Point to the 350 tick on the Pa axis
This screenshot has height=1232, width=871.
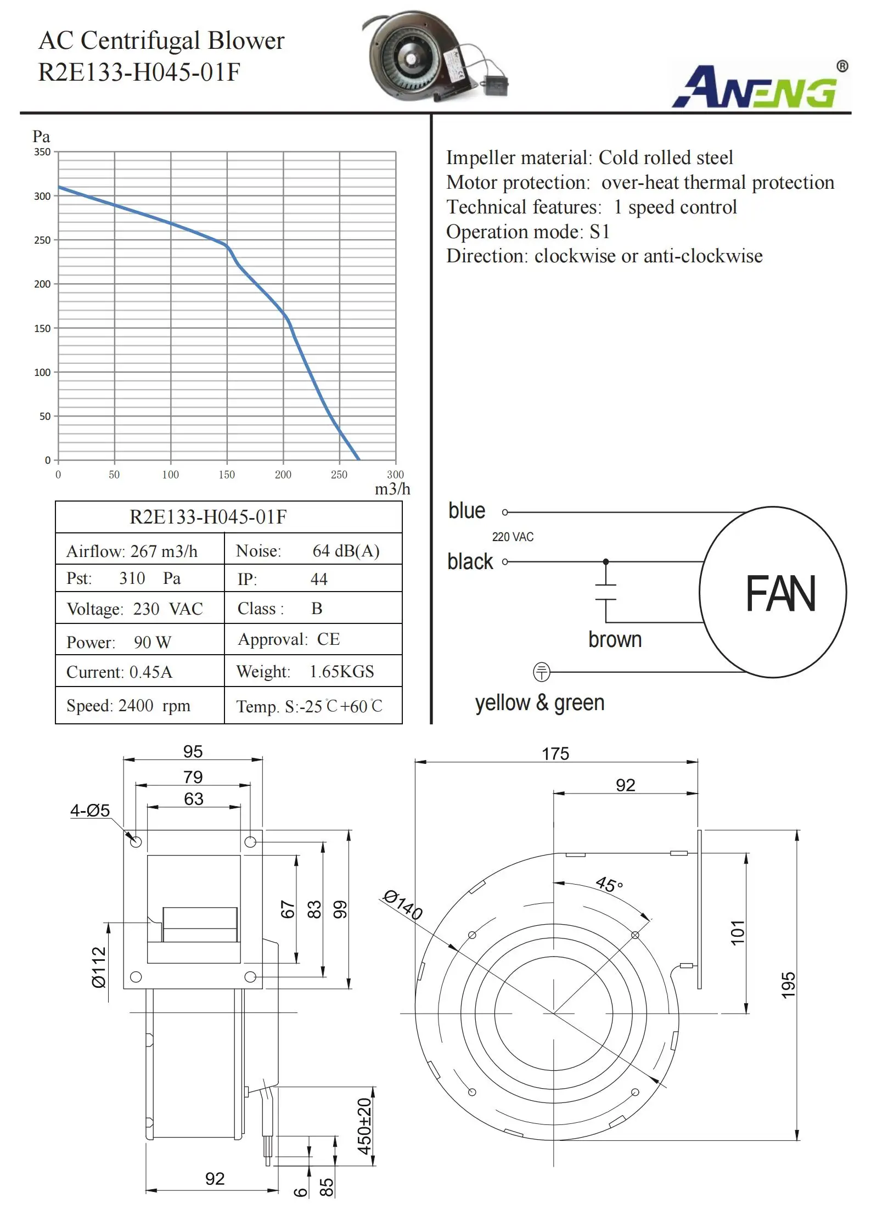click(42, 152)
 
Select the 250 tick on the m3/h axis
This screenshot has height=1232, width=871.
click(339, 475)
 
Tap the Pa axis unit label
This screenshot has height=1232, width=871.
click(41, 136)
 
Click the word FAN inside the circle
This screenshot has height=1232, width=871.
click(780, 594)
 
